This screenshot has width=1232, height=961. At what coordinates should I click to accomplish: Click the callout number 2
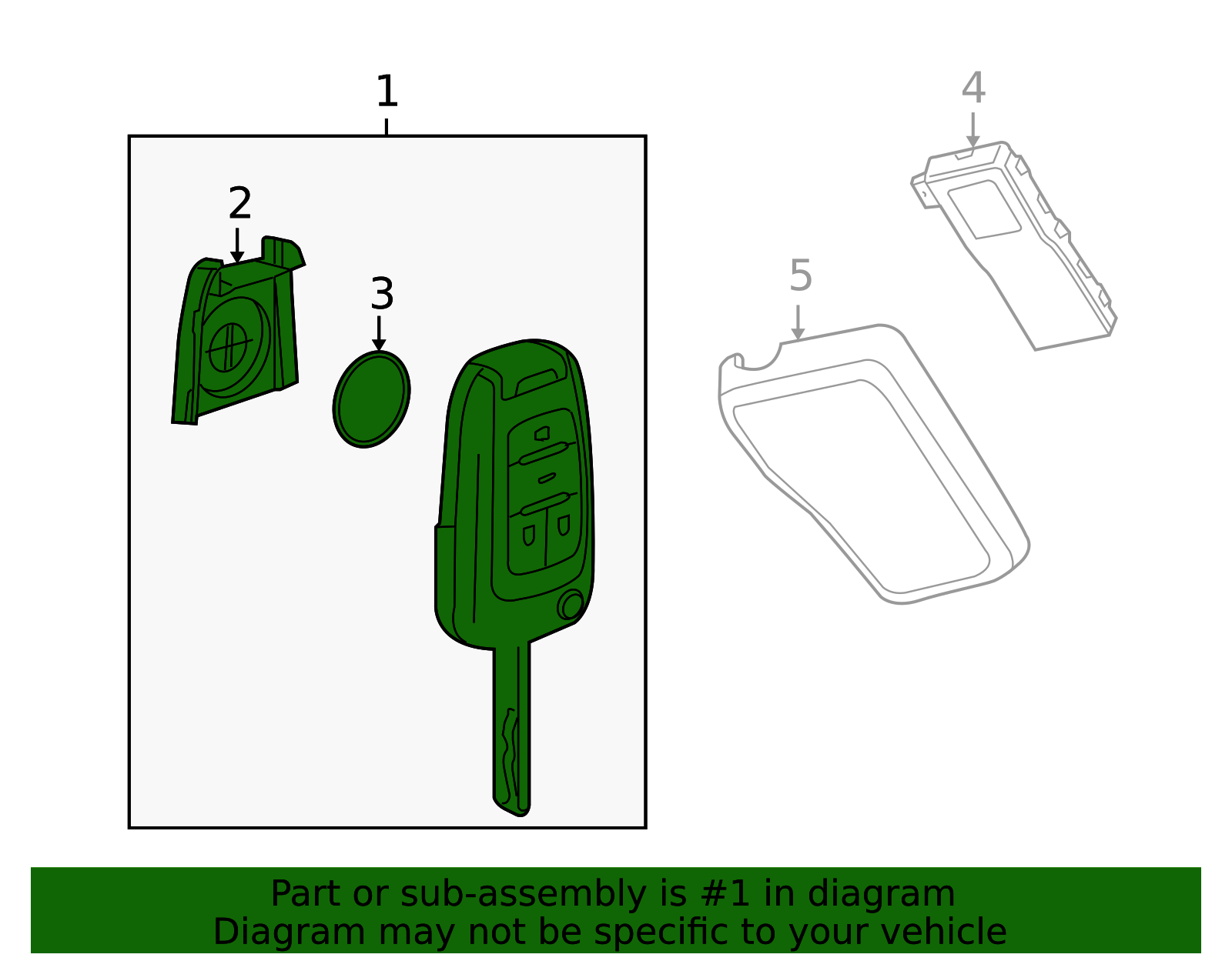click(x=239, y=203)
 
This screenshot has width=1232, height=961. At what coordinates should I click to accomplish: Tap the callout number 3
click(x=382, y=294)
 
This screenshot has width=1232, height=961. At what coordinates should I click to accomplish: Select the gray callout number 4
click(x=973, y=88)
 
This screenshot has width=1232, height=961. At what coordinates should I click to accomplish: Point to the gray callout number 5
click(x=801, y=275)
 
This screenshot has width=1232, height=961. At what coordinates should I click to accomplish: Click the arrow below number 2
click(x=237, y=245)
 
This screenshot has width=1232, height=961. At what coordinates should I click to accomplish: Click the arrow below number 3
click(x=379, y=334)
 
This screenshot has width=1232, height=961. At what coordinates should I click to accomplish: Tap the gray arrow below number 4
click(x=973, y=130)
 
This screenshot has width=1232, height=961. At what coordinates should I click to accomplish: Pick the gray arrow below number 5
click(x=798, y=323)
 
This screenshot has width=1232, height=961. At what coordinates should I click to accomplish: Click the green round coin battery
click(x=371, y=399)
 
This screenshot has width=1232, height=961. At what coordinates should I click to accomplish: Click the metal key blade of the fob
click(x=512, y=730)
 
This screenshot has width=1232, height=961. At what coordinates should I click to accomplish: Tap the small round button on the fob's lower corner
click(x=571, y=606)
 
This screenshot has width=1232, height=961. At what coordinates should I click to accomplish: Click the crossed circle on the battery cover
click(x=228, y=347)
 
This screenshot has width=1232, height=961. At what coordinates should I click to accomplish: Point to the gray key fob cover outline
click(x=873, y=465)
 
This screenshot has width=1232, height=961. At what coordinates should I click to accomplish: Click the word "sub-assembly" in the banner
click(x=524, y=895)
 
